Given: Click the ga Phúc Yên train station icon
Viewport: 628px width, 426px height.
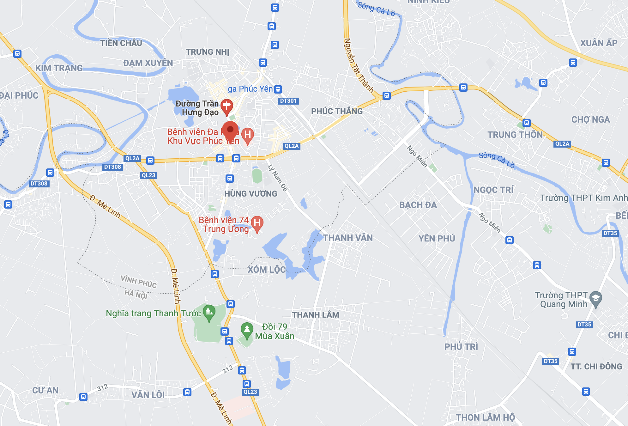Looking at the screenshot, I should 278,89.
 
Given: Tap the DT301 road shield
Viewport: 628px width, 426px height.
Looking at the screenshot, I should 288,101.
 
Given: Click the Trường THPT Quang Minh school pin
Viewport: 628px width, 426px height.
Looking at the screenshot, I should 595,299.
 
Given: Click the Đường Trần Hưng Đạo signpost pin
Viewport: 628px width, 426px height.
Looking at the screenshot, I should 226,106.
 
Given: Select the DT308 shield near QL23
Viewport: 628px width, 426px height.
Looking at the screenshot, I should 112,167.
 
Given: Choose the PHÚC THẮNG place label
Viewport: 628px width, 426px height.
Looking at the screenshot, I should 337,111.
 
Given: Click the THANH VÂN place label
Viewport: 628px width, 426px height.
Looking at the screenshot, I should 348,238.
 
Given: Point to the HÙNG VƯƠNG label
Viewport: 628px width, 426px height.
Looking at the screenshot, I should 251,194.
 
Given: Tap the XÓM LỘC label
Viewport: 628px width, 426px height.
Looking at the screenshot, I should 267,270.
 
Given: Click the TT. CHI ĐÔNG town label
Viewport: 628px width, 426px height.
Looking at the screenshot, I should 596,367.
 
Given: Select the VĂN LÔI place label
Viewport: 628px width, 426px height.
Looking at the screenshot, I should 148,395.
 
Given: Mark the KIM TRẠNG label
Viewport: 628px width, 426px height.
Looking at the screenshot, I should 59,68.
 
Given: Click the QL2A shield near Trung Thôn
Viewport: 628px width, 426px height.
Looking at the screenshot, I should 562,144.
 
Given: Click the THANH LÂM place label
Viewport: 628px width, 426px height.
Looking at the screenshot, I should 315,315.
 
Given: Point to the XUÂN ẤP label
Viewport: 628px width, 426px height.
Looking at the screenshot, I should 599,43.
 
